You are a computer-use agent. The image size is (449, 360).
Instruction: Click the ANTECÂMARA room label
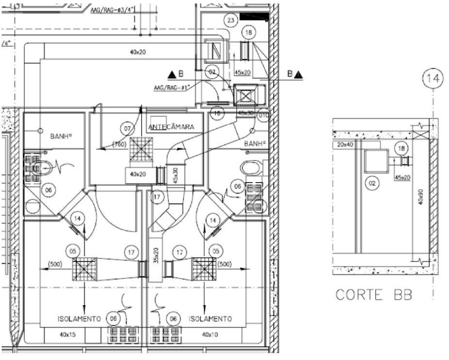[x=172, y=127]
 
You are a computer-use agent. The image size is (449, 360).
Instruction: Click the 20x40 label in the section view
[x=346, y=144]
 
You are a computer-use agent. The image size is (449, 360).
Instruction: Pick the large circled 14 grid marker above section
[x=434, y=79]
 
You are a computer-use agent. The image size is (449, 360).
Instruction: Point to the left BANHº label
[x=62, y=136]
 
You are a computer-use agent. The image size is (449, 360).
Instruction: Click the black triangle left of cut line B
[x=172, y=75]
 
